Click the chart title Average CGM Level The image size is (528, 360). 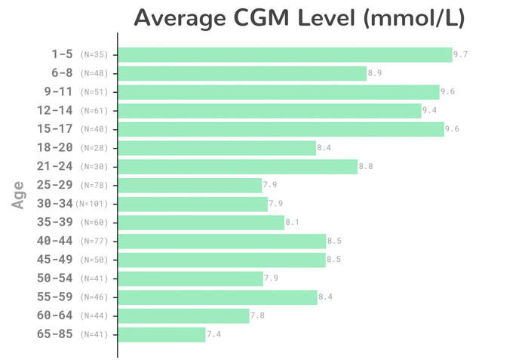tap(299, 17)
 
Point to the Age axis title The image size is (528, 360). tap(18, 195)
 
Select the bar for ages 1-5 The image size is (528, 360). tap(285, 54)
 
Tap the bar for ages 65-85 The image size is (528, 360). tap(161, 334)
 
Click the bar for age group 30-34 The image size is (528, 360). tap(193, 204)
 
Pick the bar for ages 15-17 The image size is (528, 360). tap(281, 129)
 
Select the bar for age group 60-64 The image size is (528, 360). tap(183, 315)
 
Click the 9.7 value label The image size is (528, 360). tap(461, 54)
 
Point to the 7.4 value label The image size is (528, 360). tap(214, 334)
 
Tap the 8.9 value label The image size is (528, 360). tap(375, 73)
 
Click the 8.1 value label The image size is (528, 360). tap(293, 223)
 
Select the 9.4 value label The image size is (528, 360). tap(429, 110)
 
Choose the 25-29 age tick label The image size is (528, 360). tap(55, 185)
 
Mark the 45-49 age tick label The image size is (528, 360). tap(55, 260)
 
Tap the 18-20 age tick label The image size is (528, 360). tap(55, 148)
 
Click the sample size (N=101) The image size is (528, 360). tap(92, 204)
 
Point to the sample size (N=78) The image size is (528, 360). tap(94, 186)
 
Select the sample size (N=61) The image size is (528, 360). tap(94, 111)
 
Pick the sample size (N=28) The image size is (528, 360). tap(94, 148)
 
